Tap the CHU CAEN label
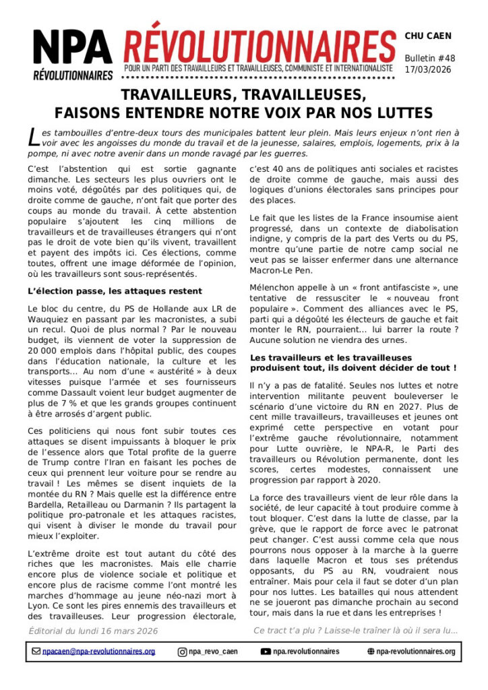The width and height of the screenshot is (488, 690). (428, 36)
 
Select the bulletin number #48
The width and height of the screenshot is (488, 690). (446, 58)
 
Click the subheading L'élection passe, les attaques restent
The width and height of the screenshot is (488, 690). (115, 291)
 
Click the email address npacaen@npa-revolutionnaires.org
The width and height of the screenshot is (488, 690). (98, 652)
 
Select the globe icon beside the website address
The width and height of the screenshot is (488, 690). (371, 652)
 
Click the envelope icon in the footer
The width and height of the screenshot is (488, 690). (36, 652)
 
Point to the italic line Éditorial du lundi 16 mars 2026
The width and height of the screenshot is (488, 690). (93, 631)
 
